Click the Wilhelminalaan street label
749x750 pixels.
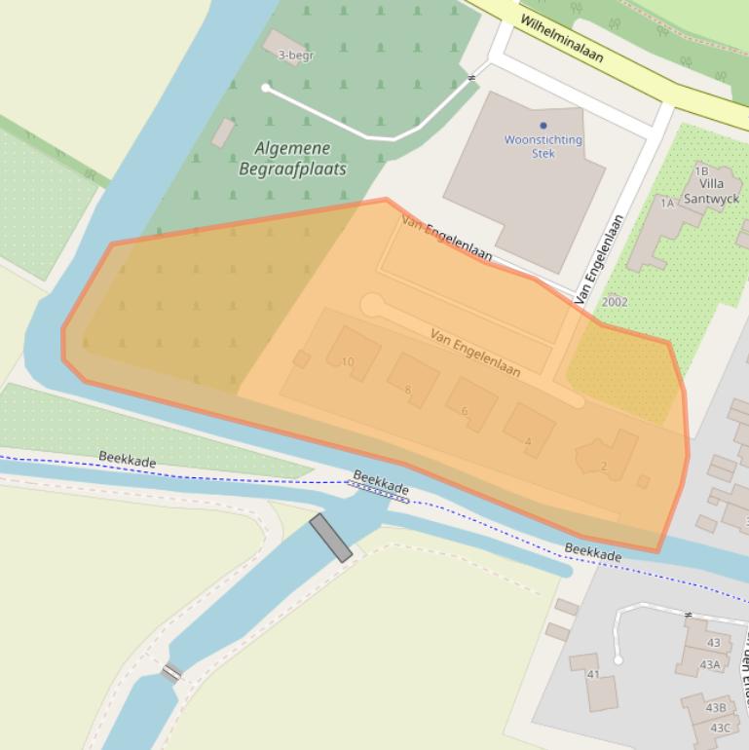point(561,38)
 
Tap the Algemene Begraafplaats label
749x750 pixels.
point(292,159)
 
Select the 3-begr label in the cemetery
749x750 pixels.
point(295,56)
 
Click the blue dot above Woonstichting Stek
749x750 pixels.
point(543,126)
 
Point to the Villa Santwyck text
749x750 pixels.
point(711,191)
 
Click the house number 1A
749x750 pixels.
point(667,203)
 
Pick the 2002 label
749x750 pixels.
point(615,302)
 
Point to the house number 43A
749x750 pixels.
point(710,665)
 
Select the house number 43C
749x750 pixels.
point(720,728)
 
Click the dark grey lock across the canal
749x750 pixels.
point(330,538)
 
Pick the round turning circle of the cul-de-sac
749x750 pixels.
point(372,306)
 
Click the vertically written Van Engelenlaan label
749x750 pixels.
point(599,258)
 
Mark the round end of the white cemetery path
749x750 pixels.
point(266,89)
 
